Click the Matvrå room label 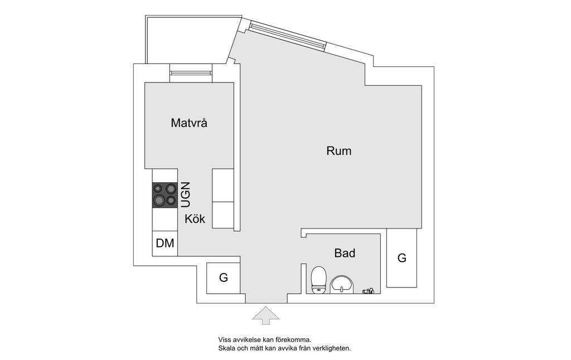189,123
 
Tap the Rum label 338,150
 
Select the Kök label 195,219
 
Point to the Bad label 345,253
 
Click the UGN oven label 185,194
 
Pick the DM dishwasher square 165,243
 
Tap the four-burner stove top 165,194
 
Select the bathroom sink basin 342,284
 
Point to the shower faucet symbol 368,291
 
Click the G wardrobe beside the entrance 223,278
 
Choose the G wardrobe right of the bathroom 401,257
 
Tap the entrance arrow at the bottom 266,315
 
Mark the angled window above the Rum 288,35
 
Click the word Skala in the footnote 226,348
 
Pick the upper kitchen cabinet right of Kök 223,185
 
